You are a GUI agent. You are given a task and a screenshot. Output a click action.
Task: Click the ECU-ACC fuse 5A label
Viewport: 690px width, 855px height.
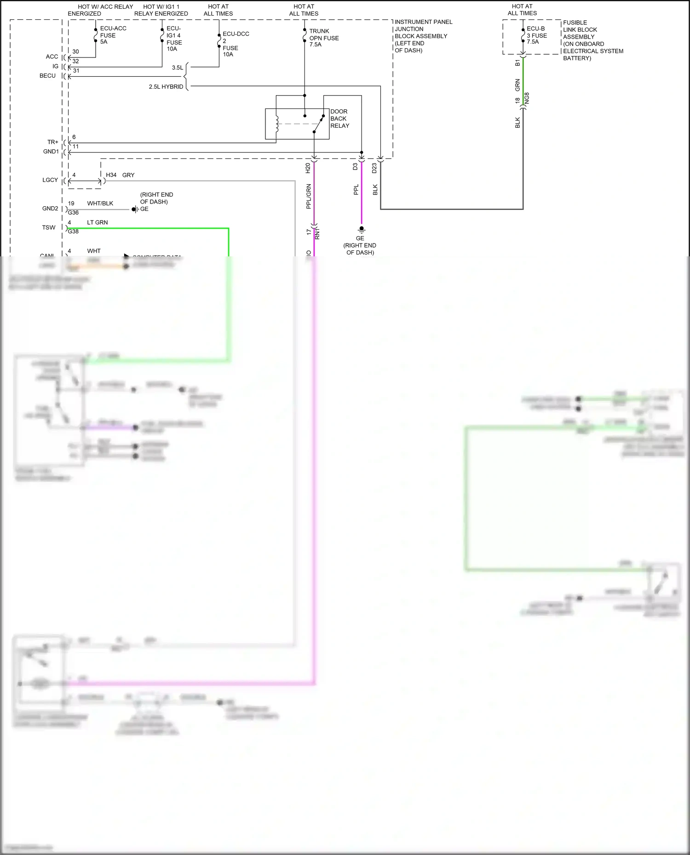click(x=113, y=35)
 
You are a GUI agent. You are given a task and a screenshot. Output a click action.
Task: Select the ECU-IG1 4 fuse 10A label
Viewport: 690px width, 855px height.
click(x=174, y=39)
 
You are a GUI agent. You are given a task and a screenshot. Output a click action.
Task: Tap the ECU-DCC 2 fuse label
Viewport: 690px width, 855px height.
click(x=236, y=44)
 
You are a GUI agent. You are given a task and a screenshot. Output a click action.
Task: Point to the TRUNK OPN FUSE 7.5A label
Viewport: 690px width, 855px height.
click(x=324, y=38)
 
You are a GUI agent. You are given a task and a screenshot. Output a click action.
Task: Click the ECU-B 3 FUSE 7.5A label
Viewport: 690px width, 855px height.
click(x=537, y=35)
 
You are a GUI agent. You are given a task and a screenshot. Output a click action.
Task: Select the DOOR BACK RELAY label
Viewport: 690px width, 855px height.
click(x=339, y=119)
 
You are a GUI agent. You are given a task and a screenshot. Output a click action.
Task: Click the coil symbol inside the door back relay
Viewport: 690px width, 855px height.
click(x=277, y=124)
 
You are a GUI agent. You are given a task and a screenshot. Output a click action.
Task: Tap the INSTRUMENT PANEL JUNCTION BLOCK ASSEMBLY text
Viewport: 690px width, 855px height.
click(x=423, y=36)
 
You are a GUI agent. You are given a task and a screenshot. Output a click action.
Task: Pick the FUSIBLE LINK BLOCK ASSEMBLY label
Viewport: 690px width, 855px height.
click(x=592, y=40)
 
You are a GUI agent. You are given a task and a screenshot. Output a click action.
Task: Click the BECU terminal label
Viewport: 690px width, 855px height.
click(x=47, y=76)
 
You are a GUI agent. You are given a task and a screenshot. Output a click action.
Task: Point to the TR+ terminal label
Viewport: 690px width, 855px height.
click(x=53, y=142)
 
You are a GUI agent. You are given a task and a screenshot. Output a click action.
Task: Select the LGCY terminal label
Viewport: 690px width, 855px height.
click(x=50, y=180)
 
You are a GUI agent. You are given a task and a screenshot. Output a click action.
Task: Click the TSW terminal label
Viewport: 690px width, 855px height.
click(x=49, y=227)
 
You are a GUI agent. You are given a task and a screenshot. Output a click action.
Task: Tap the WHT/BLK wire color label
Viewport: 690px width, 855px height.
click(x=100, y=203)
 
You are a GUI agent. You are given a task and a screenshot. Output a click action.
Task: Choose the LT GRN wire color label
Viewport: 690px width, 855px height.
click(x=98, y=222)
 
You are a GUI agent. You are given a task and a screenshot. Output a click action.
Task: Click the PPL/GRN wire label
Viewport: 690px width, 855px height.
click(x=309, y=197)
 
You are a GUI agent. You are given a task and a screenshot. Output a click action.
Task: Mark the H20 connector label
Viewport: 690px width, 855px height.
click(x=308, y=168)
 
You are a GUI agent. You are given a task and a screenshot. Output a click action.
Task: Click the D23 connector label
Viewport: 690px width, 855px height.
click(x=374, y=168)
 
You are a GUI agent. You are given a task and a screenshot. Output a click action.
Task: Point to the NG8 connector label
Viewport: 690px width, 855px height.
click(x=527, y=98)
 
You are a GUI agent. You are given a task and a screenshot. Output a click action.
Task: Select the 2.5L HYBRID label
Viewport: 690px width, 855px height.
click(x=166, y=86)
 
